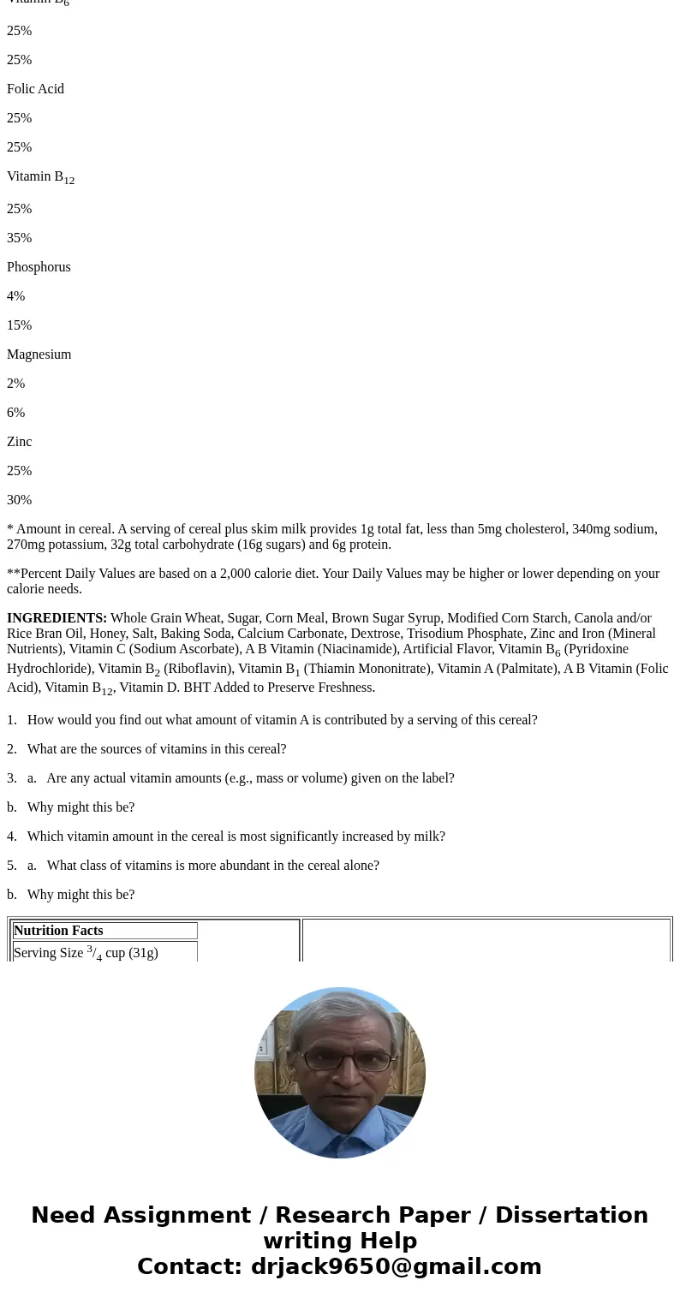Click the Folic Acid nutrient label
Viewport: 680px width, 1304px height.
(35, 89)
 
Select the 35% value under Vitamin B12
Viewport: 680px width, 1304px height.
(19, 238)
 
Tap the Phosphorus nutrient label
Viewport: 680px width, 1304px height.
(39, 267)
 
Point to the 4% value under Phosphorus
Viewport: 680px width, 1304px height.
(15, 296)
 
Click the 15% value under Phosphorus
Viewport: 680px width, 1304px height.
(19, 325)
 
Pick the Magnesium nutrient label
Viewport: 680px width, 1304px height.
(39, 354)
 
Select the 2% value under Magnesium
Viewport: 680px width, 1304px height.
(15, 384)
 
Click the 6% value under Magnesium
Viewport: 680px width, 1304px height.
(15, 413)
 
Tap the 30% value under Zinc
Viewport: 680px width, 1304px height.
(19, 500)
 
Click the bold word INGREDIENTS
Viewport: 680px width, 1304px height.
(57, 618)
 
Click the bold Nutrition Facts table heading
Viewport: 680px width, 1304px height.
(58, 931)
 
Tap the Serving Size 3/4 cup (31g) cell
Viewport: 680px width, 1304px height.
(86, 953)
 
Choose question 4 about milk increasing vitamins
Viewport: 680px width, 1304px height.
(236, 837)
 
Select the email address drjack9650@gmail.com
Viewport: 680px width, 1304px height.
(396, 1266)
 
